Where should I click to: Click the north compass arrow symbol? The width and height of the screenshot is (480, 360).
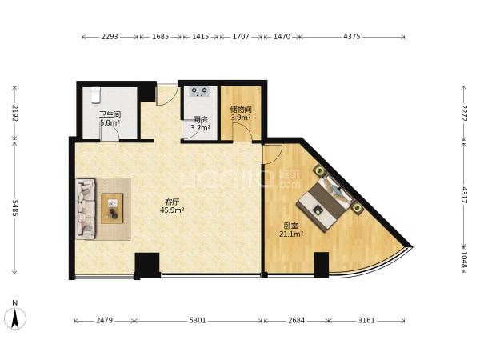pyautogui.click(x=15, y=318)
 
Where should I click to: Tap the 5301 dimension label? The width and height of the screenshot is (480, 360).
pyautogui.click(x=198, y=321)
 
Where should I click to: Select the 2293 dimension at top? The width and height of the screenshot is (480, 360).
pyautogui.click(x=110, y=37)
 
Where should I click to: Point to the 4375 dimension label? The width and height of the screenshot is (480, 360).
pyautogui.click(x=352, y=37)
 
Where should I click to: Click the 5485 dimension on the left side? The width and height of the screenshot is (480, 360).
pyautogui.click(x=15, y=208)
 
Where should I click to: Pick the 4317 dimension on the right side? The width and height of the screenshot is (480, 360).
pyautogui.click(x=464, y=195)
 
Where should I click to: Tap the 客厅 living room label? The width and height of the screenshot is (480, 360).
pyautogui.click(x=172, y=202)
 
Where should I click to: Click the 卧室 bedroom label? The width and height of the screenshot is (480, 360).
pyautogui.click(x=291, y=226)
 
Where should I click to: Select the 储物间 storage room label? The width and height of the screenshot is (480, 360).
pyautogui.click(x=241, y=110)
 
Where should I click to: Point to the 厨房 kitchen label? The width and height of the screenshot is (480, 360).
pyautogui.click(x=201, y=120)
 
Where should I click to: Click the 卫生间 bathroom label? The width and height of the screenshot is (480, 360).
pyautogui.click(x=110, y=114)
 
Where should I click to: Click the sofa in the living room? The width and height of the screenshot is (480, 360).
pyautogui.click(x=86, y=209)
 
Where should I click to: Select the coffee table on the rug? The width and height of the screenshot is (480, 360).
pyautogui.click(x=112, y=208)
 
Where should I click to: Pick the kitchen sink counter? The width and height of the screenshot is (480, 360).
pyautogui.click(x=200, y=91)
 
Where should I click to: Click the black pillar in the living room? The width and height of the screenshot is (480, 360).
pyautogui.click(x=147, y=265)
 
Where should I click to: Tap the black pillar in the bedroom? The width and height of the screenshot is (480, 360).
pyautogui.click(x=322, y=265)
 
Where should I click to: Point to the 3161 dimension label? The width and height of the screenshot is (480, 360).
pyautogui.click(x=366, y=321)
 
